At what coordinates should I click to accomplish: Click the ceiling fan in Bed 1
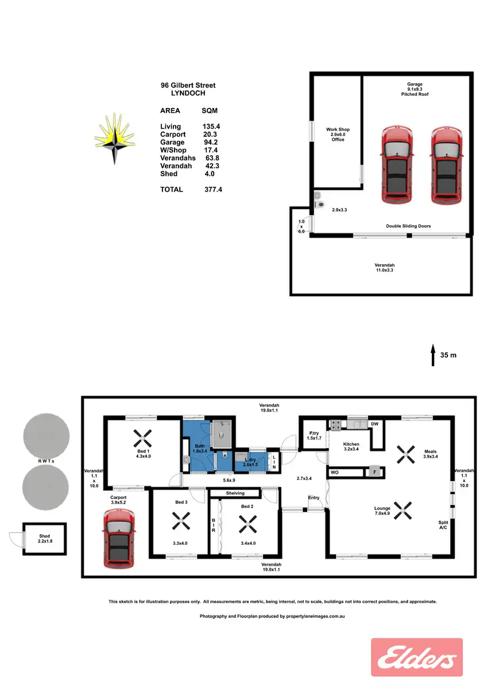141,439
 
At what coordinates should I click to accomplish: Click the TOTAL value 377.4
214,189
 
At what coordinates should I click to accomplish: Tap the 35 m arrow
432,355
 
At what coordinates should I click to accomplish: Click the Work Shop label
338,130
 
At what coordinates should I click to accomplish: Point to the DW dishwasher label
374,424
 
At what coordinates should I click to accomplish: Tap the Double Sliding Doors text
408,226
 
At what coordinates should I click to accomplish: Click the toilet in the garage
319,204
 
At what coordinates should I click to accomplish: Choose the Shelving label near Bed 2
235,493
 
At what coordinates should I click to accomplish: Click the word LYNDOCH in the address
188,93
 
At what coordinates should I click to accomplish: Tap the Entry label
314,498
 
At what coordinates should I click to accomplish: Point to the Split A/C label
443,525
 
